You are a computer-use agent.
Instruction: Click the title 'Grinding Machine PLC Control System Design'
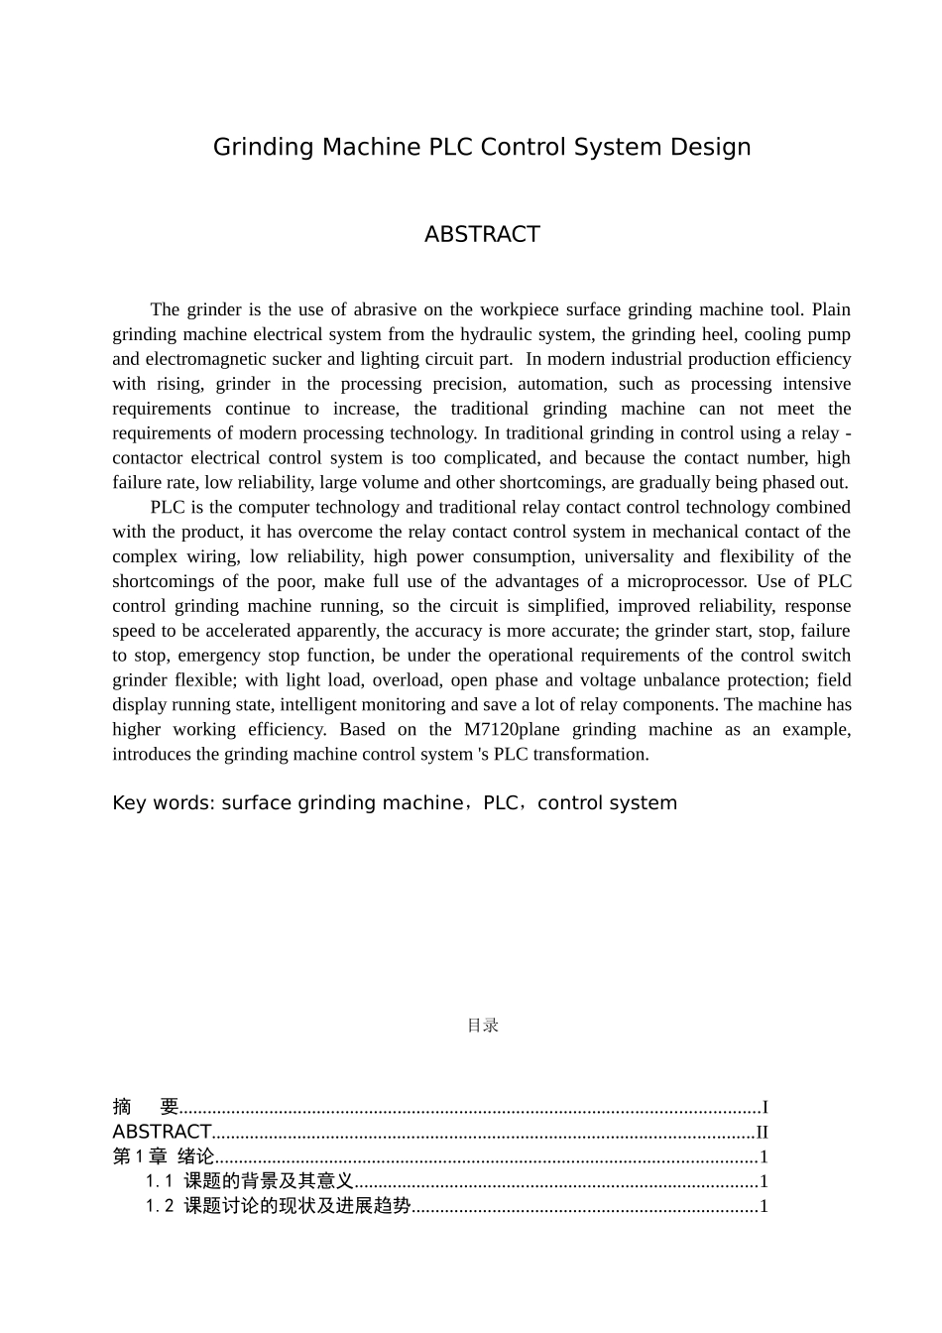pos(482,147)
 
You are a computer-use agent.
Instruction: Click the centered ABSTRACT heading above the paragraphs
pos(482,234)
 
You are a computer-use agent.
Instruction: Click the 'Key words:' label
pos(164,803)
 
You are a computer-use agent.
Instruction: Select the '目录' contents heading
pos(482,1026)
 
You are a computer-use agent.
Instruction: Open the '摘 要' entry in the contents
pos(145,1107)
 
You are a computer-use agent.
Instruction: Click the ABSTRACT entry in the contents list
pos(162,1132)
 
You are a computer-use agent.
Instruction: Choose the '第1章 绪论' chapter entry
pos(164,1156)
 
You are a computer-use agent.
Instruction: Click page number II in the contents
pos(762,1132)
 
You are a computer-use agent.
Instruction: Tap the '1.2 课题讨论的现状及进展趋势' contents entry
pos(278,1206)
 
